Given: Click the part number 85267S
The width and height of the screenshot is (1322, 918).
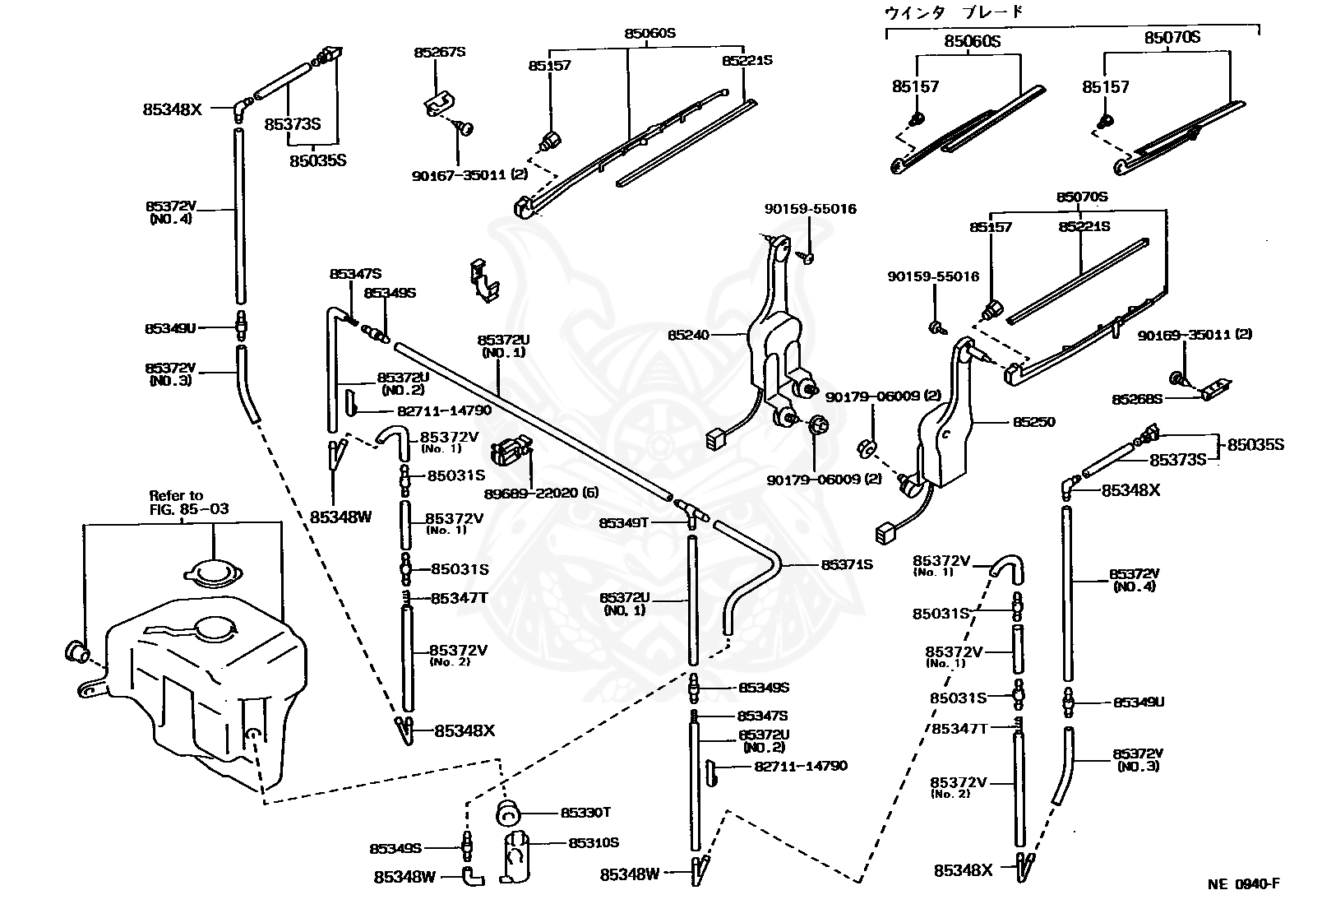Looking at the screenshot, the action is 440,52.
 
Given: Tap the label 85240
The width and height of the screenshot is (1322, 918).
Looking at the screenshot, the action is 688,336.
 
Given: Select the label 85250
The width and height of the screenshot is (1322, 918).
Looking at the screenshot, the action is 1034,422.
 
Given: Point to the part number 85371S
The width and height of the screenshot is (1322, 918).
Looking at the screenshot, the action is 847,565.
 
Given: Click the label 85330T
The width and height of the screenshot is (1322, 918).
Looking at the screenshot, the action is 585,813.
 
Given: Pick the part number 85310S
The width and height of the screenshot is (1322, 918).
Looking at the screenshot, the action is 594,843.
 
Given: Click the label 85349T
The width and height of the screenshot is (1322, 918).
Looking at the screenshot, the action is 624,523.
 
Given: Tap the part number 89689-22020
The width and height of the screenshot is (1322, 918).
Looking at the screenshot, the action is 531,493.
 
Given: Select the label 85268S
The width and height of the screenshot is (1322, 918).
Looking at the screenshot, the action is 1137,400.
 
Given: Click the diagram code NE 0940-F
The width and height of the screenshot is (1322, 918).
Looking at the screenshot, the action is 1244,883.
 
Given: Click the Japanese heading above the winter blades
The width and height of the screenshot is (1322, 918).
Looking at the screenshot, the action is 954,12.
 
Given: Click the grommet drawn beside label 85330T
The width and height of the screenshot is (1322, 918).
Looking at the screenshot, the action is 507,814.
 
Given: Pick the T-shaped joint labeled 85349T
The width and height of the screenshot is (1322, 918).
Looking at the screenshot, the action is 691,512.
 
